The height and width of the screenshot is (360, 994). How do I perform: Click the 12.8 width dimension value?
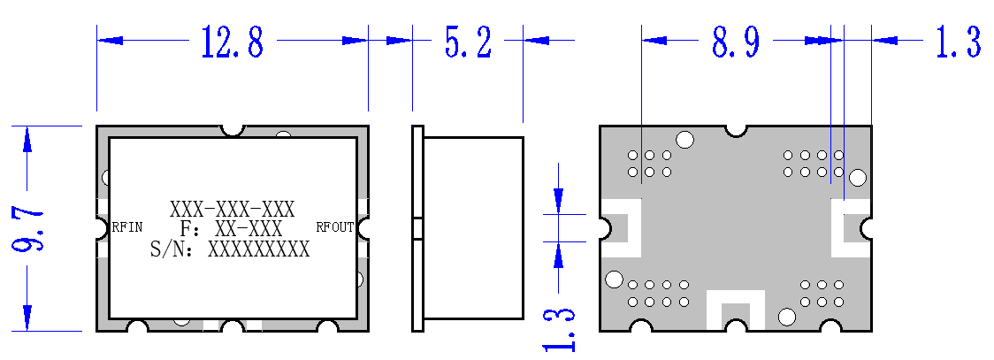click(232, 42)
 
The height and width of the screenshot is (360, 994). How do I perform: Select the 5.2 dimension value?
click(468, 42)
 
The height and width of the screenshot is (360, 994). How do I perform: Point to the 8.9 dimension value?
click(736, 42)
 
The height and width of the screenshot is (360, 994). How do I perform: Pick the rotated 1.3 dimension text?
click(559, 329)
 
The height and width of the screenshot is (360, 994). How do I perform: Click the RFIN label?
click(127, 227)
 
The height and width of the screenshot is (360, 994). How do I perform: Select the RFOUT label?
click(334, 227)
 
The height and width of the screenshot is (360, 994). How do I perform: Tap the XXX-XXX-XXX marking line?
click(232, 209)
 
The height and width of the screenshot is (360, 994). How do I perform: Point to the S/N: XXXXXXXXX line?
click(230, 249)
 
